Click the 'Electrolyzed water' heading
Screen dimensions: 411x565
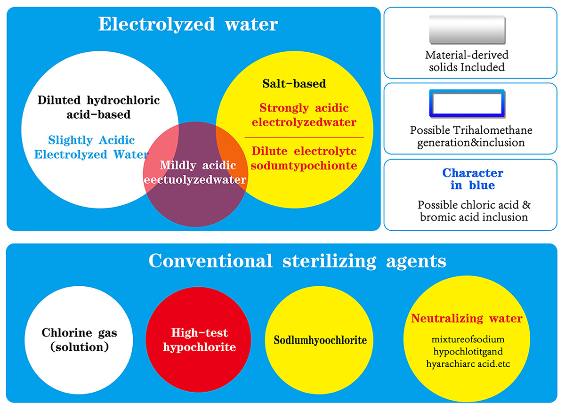[x=188, y=24]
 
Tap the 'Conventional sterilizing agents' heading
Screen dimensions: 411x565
[x=297, y=260]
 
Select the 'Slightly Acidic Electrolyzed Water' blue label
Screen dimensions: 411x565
[x=92, y=147]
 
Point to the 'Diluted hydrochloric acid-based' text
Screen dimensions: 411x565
[x=98, y=107]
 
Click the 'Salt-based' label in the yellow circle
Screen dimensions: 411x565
[x=294, y=84]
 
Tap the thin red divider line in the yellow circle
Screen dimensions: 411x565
[x=304, y=137]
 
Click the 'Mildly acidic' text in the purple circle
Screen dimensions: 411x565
[x=197, y=165]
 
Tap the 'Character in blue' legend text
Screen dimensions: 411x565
[x=472, y=179]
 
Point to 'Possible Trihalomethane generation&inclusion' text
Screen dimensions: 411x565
[x=471, y=136]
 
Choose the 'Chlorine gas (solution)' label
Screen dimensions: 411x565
[x=80, y=340]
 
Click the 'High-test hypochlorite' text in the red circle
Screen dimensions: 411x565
[x=199, y=340]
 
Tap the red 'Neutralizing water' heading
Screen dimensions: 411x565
[x=467, y=319]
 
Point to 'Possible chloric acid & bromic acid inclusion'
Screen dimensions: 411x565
[x=472, y=211]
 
